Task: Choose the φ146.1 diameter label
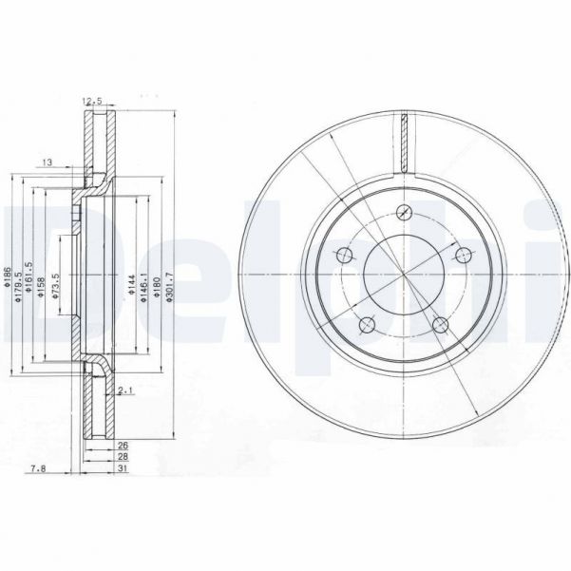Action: pos(143,282)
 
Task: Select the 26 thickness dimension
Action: pos(123,445)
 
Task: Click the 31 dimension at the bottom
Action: pos(123,467)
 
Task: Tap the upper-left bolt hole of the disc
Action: pos(344,257)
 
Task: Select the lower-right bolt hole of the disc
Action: pos(439,325)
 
